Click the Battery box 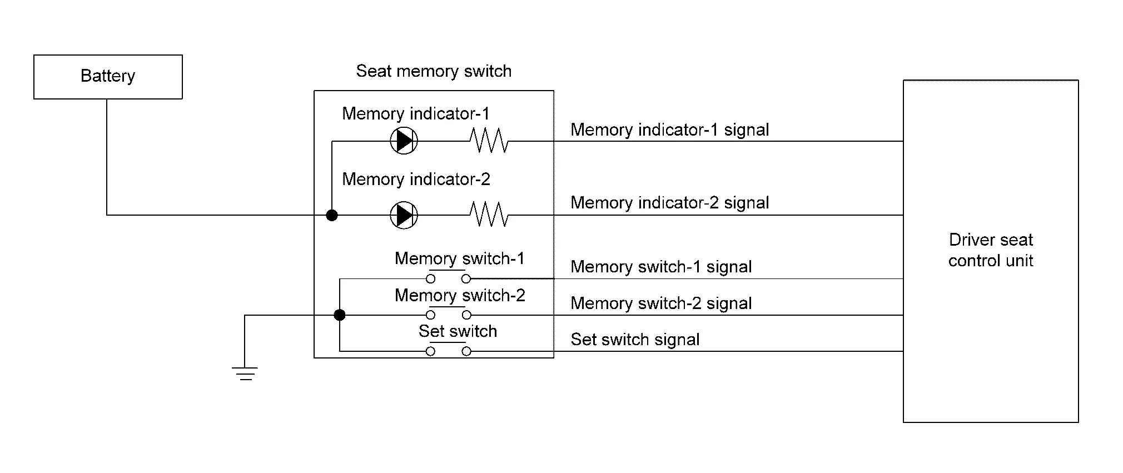pyautogui.click(x=108, y=77)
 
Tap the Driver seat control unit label pyautogui.click(x=991, y=250)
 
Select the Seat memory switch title pyautogui.click(x=434, y=71)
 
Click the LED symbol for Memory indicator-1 pyautogui.click(x=404, y=141)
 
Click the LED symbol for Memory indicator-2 pyautogui.click(x=404, y=215)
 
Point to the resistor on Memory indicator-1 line pyautogui.click(x=489, y=141)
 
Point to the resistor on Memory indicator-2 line pyautogui.click(x=489, y=215)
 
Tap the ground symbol pyautogui.click(x=245, y=373)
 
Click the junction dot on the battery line pyautogui.click(x=332, y=215)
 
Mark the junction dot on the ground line pyautogui.click(x=339, y=315)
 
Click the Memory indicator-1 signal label pyautogui.click(x=669, y=130)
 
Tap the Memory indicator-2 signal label pyautogui.click(x=669, y=203)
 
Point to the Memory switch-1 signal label pyautogui.click(x=661, y=267)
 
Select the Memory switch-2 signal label pyautogui.click(x=661, y=303)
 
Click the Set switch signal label pyautogui.click(x=635, y=340)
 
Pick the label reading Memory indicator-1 pyautogui.click(x=416, y=114)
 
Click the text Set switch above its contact pyautogui.click(x=458, y=331)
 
